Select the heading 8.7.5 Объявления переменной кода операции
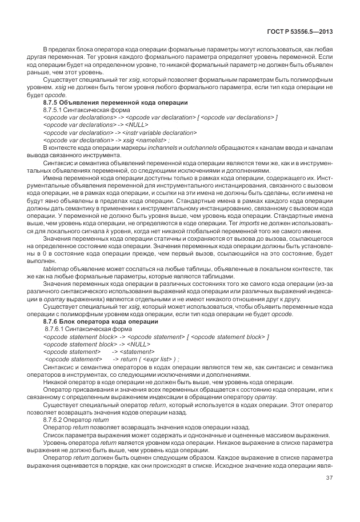pos(115,101)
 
